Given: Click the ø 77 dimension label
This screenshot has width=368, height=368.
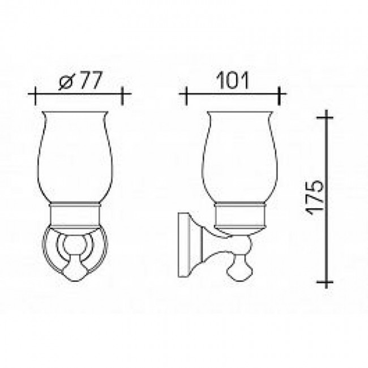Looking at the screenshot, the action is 80,80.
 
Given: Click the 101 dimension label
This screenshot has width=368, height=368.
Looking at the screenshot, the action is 232,80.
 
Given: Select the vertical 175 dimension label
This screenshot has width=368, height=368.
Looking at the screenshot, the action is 315,198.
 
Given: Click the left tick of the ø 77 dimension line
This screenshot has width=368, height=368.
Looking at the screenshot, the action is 35,96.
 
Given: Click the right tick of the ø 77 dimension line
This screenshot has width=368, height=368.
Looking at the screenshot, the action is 122,96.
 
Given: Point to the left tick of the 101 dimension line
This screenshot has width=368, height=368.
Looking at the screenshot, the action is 186,96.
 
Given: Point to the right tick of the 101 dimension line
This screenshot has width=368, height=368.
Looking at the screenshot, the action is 279,96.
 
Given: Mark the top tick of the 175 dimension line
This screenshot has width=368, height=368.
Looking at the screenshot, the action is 326,117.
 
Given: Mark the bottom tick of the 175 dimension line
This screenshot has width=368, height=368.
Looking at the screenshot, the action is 326,281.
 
